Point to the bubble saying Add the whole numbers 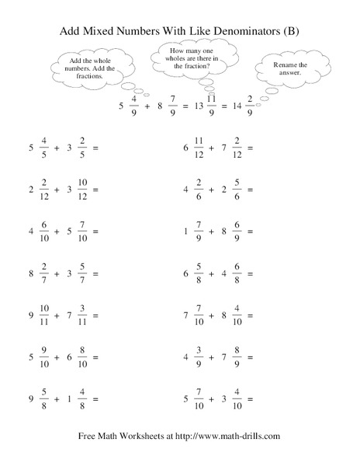coord(86,66)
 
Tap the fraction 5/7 coord(81,273)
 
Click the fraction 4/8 coord(81,399)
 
